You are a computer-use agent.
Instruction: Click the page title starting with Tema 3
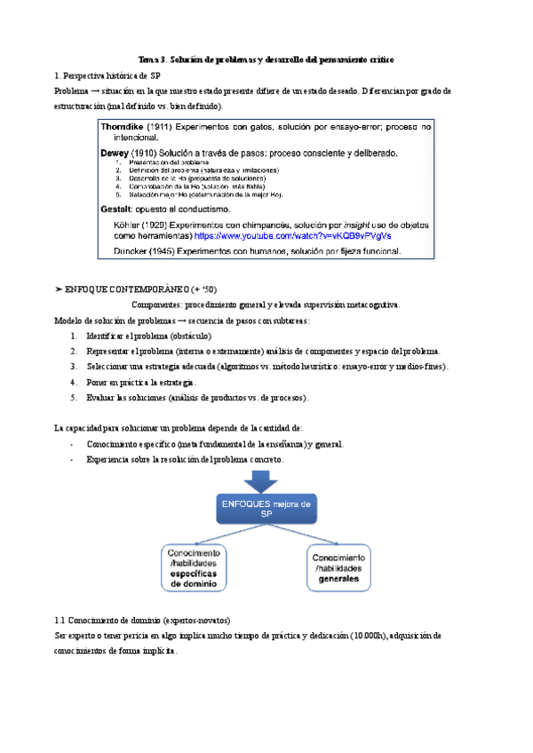[266, 59]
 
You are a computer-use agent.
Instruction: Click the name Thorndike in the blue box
[131, 128]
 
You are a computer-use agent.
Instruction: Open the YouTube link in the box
[292, 237]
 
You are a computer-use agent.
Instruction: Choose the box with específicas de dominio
[198, 568]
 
